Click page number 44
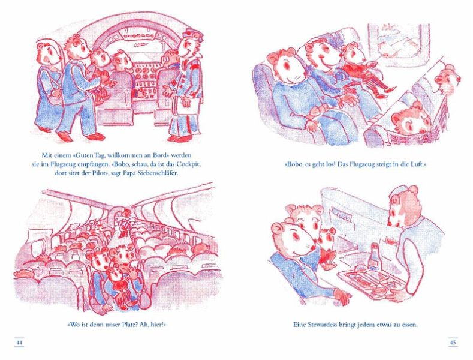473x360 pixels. (19, 343)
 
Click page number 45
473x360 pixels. (453, 343)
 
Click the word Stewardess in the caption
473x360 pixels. (323, 325)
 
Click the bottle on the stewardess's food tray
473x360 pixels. (373, 256)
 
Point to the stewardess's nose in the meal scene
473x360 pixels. (391, 223)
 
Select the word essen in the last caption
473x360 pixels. (409, 325)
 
